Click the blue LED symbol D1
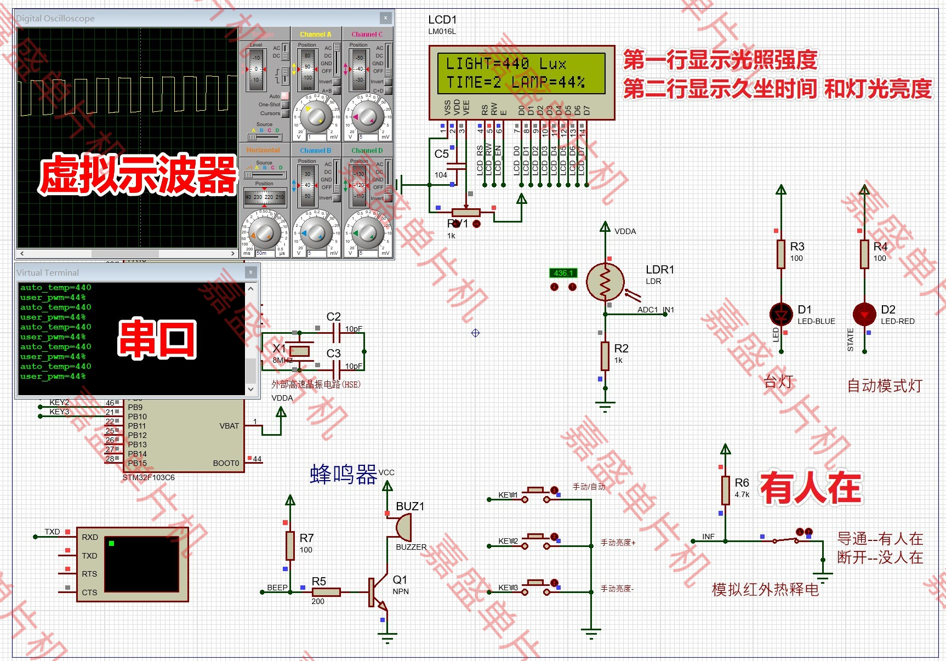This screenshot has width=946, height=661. point(781,314)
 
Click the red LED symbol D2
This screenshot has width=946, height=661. point(864,314)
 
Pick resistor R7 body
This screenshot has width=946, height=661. point(290,545)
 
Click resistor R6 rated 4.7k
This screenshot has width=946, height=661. point(726,490)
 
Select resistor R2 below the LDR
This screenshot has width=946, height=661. point(605,356)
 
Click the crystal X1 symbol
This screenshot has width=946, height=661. point(299,351)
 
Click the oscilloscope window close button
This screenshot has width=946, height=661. point(386,18)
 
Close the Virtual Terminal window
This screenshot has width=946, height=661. point(250,272)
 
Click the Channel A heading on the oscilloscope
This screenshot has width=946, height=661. point(315,34)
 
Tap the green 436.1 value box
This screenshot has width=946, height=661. point(563,273)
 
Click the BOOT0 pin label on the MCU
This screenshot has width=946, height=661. point(226,463)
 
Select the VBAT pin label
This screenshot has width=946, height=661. point(229,426)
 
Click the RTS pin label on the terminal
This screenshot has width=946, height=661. point(89,574)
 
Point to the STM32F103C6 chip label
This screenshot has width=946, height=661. point(149,477)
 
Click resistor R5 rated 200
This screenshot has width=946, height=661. point(326,592)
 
